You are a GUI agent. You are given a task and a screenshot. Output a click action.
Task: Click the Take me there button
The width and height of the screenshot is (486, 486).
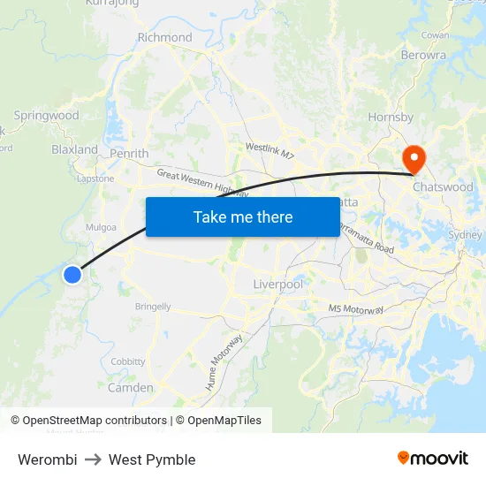(242, 216)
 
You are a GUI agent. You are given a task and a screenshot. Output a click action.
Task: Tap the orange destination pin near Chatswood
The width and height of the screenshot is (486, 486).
(413, 158)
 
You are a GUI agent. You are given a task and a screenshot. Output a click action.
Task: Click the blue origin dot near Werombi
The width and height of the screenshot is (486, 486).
(72, 275)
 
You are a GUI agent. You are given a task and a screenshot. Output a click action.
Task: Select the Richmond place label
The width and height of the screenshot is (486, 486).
(164, 37)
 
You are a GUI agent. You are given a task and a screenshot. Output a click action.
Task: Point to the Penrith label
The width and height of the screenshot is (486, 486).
(129, 154)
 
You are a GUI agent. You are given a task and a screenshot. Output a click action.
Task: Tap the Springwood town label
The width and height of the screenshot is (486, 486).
(47, 116)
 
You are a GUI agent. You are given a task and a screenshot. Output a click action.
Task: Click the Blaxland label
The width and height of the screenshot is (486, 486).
(74, 149)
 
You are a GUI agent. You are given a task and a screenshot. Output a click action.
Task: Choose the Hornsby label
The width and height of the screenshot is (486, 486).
(391, 117)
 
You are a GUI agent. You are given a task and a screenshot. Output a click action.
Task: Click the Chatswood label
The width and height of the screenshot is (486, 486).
(443, 187)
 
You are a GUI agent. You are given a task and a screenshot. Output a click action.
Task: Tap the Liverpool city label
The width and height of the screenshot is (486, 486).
(277, 285)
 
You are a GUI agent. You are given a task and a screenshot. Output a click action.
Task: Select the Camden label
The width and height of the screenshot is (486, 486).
(130, 388)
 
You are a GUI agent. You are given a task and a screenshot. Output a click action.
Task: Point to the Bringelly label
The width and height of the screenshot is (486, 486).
(153, 307)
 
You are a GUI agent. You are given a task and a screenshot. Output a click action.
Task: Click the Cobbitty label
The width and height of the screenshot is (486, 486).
(128, 362)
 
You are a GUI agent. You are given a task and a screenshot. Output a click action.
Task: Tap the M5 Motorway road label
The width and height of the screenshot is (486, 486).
(356, 309)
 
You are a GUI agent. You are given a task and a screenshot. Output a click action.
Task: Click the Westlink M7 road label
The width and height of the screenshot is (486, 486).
(270, 150)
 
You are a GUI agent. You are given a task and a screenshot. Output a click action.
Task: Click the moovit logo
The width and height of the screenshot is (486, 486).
(432, 459)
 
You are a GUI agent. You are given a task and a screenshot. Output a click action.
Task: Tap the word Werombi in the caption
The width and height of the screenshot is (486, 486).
(47, 459)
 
